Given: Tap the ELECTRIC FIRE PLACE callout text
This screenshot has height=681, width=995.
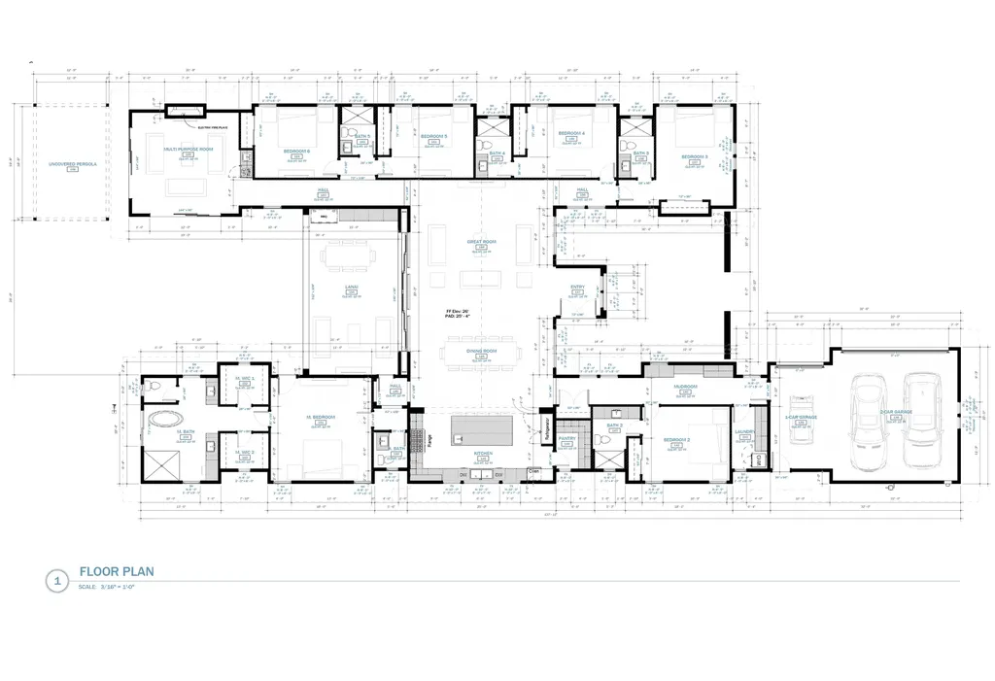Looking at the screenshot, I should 211,126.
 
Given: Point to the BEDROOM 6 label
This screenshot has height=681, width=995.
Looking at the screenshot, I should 296,151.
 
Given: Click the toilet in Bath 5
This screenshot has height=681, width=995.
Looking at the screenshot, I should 345,148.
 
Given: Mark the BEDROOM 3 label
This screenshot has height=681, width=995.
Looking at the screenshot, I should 693,156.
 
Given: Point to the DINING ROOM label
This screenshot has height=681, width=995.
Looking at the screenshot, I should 481,350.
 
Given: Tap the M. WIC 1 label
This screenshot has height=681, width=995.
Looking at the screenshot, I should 244,379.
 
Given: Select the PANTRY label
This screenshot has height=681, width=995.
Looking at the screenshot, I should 567,438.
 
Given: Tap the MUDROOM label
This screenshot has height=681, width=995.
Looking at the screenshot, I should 686,387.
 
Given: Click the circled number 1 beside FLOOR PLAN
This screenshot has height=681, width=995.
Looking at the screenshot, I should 56,582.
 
